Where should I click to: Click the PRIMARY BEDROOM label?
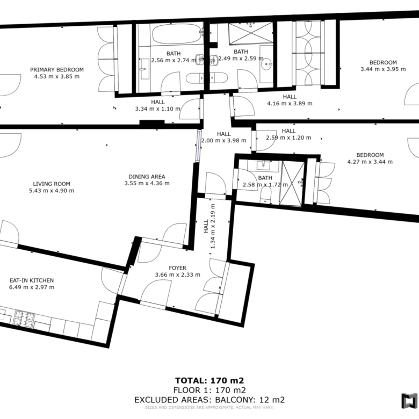point(56,70)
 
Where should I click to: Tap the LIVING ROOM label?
point(52,184)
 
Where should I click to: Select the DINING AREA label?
point(147,177)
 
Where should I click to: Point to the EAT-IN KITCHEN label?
point(32,280)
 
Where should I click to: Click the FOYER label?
point(177,268)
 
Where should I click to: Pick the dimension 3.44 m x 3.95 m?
point(383,69)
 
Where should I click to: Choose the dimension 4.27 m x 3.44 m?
point(370,162)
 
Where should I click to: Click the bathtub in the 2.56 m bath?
point(176,34)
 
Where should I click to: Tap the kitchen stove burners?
point(24,319)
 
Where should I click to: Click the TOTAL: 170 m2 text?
point(209,380)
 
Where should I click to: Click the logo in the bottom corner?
point(409,401)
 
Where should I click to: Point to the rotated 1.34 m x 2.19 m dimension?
point(209,226)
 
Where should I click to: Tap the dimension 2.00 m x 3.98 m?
point(223,141)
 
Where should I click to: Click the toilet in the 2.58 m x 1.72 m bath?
point(265,194)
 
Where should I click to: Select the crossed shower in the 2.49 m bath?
point(251,33)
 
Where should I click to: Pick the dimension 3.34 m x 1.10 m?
point(157,109)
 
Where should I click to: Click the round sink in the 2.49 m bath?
point(266,64)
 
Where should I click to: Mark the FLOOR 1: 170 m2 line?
point(209,390)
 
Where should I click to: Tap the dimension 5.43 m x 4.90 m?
point(52,191)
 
